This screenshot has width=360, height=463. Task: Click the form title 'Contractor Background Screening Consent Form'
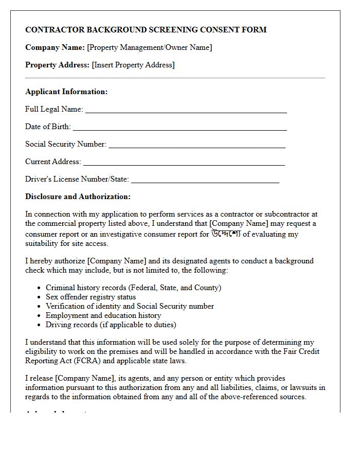pos(146,30)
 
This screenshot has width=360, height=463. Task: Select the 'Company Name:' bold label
pos(55,47)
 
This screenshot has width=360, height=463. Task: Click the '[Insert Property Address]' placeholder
pos(133,65)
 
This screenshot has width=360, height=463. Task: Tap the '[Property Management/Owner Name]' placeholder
pos(150,47)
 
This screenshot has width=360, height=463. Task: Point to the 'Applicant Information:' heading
pos(66,92)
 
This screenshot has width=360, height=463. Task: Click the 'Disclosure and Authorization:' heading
pos(78,197)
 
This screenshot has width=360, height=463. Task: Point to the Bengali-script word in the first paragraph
pos(226,234)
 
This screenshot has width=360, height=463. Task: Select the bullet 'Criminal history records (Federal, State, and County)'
pos(133,288)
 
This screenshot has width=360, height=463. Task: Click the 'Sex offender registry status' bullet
pos(91,297)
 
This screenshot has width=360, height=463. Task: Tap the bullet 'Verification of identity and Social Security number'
pos(130,306)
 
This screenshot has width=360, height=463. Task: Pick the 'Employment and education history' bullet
pos(103,315)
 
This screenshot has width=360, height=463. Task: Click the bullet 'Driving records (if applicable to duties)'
pos(111,325)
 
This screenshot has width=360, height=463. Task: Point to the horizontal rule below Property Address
pos(175,78)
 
